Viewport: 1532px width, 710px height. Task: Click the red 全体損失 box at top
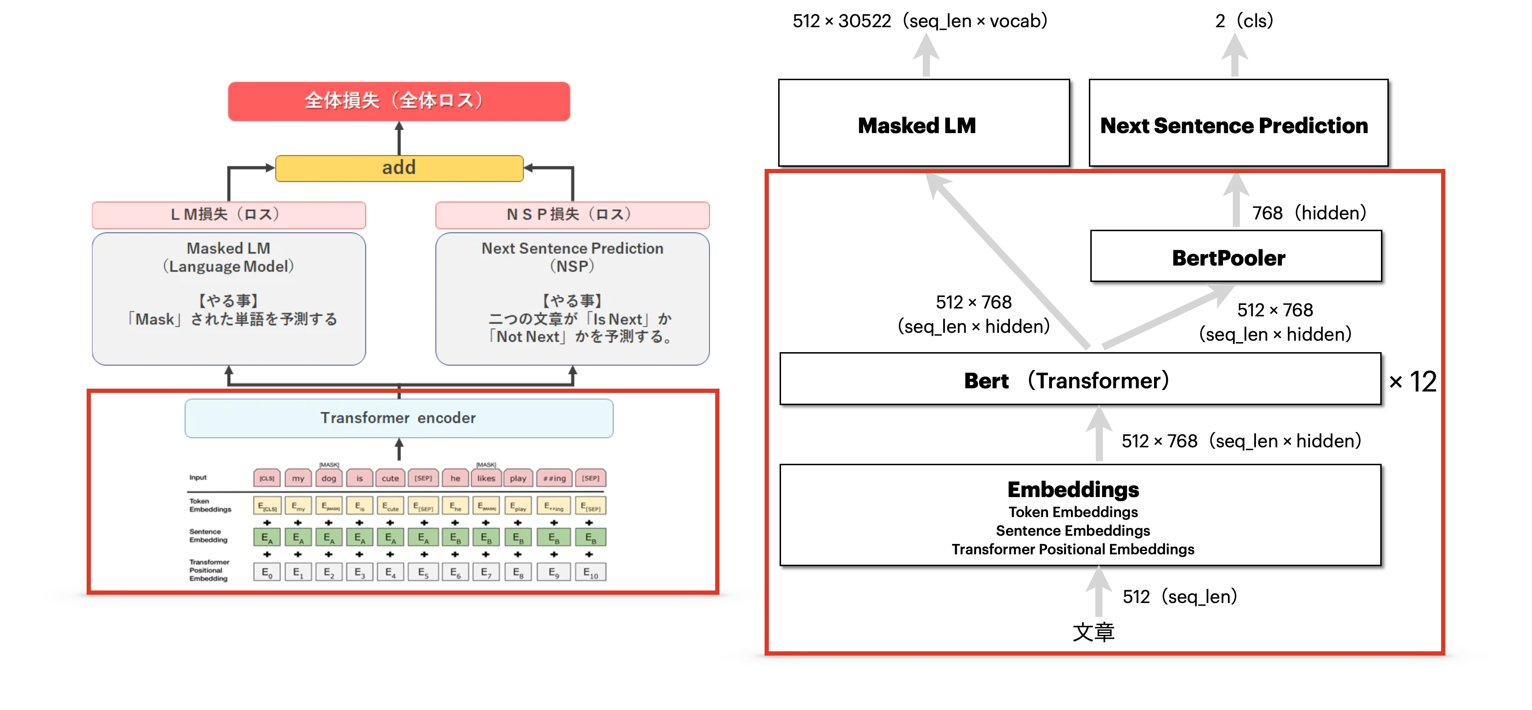398,101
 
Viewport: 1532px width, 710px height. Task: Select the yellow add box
398,168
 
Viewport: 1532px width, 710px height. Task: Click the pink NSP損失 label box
572,215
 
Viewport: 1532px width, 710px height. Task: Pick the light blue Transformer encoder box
398,418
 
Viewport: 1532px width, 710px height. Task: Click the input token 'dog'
329,478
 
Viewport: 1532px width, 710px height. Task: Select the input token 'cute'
390,478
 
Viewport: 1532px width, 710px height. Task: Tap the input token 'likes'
486,478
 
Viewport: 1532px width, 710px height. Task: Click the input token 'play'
518,478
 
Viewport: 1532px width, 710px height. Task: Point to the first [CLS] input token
267,478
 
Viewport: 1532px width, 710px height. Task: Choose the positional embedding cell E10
590,573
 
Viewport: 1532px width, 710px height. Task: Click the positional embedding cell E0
267,573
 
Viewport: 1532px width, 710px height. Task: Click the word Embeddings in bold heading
1073,490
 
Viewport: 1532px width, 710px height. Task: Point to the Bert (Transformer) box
1080,379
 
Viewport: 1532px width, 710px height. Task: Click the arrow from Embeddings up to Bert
1099,434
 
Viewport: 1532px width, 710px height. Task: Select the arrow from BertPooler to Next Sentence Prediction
1236,200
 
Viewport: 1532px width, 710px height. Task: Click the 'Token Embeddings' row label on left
210,505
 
